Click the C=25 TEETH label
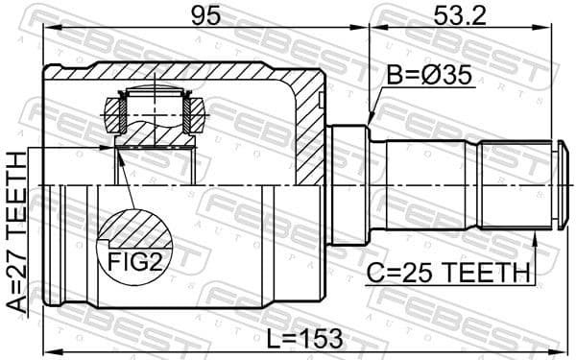(447, 274)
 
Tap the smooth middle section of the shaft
(432, 184)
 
